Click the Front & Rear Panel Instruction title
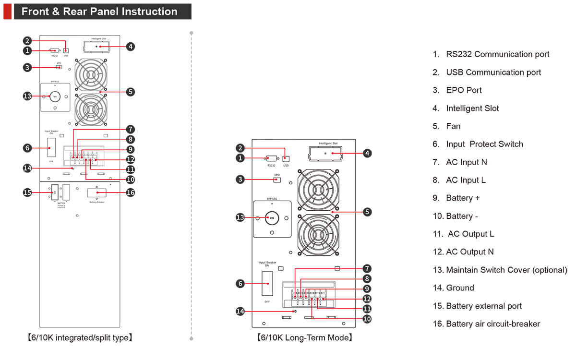point(99,12)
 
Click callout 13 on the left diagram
point(27,96)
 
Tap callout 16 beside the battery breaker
point(130,192)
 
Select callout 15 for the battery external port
point(27,192)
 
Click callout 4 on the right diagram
point(367,153)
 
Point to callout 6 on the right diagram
point(240,283)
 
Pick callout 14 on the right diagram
point(240,312)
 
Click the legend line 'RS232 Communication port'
point(497,54)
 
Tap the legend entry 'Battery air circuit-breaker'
point(492,324)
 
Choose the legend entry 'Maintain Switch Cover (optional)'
point(506,270)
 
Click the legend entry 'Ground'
point(459,288)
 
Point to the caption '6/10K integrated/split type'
point(79,338)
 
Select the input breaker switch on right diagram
point(267,283)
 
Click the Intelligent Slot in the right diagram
point(327,153)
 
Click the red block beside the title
point(7,12)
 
